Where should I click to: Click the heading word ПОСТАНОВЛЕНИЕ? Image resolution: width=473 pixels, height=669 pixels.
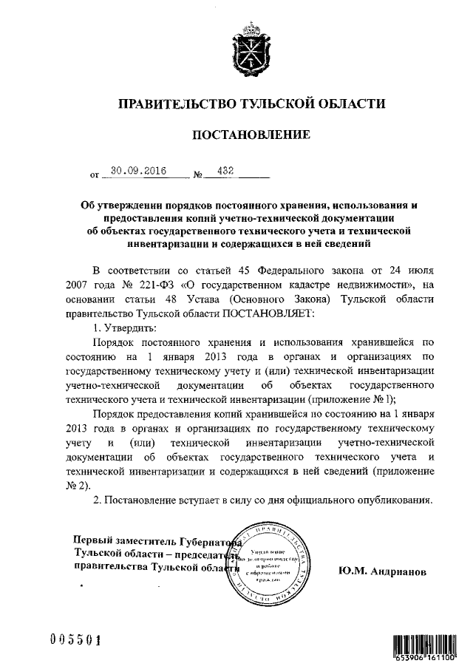coord(247,136)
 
